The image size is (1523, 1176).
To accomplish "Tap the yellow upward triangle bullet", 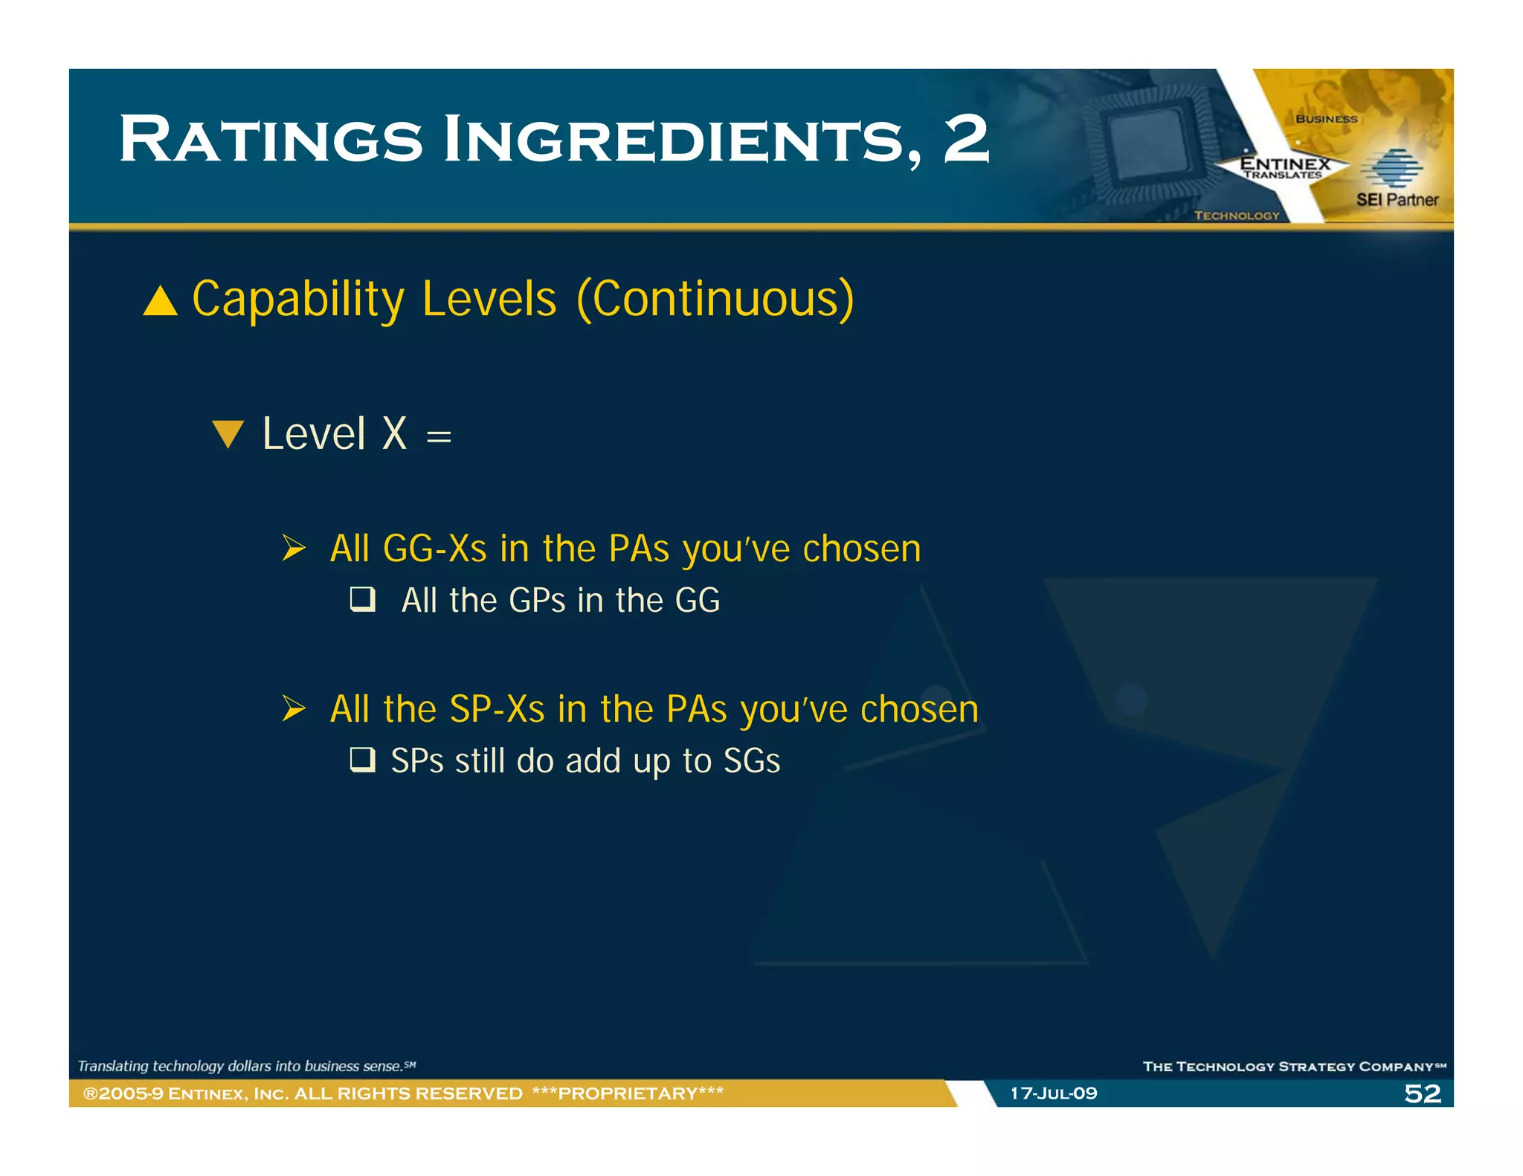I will [x=160, y=302].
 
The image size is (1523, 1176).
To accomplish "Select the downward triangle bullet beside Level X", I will [x=228, y=433].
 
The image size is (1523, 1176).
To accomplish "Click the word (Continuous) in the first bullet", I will [x=715, y=300].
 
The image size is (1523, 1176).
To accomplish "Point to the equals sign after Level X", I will [x=439, y=436].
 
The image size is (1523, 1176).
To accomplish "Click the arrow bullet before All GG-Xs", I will [x=294, y=549].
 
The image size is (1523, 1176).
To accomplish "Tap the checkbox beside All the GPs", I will [x=363, y=599].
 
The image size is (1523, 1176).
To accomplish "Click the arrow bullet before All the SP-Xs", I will [x=294, y=708].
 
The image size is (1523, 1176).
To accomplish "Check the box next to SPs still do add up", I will [x=363, y=760].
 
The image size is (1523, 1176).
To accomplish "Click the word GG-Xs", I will [x=434, y=549].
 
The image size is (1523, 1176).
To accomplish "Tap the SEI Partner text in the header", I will [x=1397, y=199].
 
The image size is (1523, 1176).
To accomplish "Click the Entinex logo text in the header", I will [x=1284, y=164].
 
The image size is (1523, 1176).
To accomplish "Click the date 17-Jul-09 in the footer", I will [x=1053, y=1093].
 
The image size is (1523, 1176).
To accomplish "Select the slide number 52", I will [x=1422, y=1093].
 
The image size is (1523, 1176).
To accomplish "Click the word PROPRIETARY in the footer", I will [x=628, y=1093].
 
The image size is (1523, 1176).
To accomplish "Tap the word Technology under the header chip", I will [x=1237, y=216].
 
